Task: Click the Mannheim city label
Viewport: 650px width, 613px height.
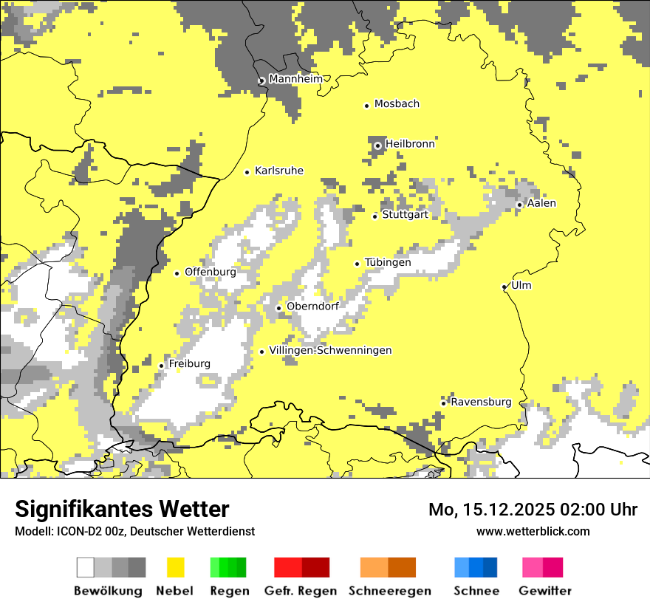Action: click(x=295, y=79)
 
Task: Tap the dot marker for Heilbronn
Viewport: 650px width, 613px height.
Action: click(x=377, y=145)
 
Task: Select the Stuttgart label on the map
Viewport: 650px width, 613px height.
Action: click(x=405, y=215)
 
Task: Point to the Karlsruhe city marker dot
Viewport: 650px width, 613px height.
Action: click(x=247, y=172)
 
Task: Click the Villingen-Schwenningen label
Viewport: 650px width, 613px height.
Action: click(x=330, y=351)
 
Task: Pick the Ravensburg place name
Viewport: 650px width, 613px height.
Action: click(x=481, y=403)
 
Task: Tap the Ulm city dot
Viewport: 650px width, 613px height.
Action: click(x=504, y=287)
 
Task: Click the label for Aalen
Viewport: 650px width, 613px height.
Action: click(x=541, y=203)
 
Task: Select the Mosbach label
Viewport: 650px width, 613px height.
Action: click(x=397, y=104)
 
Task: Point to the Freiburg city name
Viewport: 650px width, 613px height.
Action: click(x=189, y=364)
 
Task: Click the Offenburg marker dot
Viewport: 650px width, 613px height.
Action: click(x=177, y=273)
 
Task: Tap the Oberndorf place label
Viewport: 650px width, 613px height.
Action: click(x=312, y=306)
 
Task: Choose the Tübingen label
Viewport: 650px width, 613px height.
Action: click(x=388, y=263)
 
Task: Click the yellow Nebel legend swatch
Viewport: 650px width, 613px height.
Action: click(x=176, y=567)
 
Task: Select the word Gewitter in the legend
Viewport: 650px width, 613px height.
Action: click(x=545, y=591)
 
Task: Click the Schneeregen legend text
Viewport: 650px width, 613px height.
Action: click(x=390, y=591)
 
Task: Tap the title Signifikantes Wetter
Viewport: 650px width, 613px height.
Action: click(x=122, y=509)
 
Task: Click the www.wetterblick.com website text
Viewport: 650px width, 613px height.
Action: click(x=533, y=531)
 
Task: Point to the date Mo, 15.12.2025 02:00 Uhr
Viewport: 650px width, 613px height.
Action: click(x=533, y=510)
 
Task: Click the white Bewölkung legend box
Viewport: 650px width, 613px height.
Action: click(x=86, y=567)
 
